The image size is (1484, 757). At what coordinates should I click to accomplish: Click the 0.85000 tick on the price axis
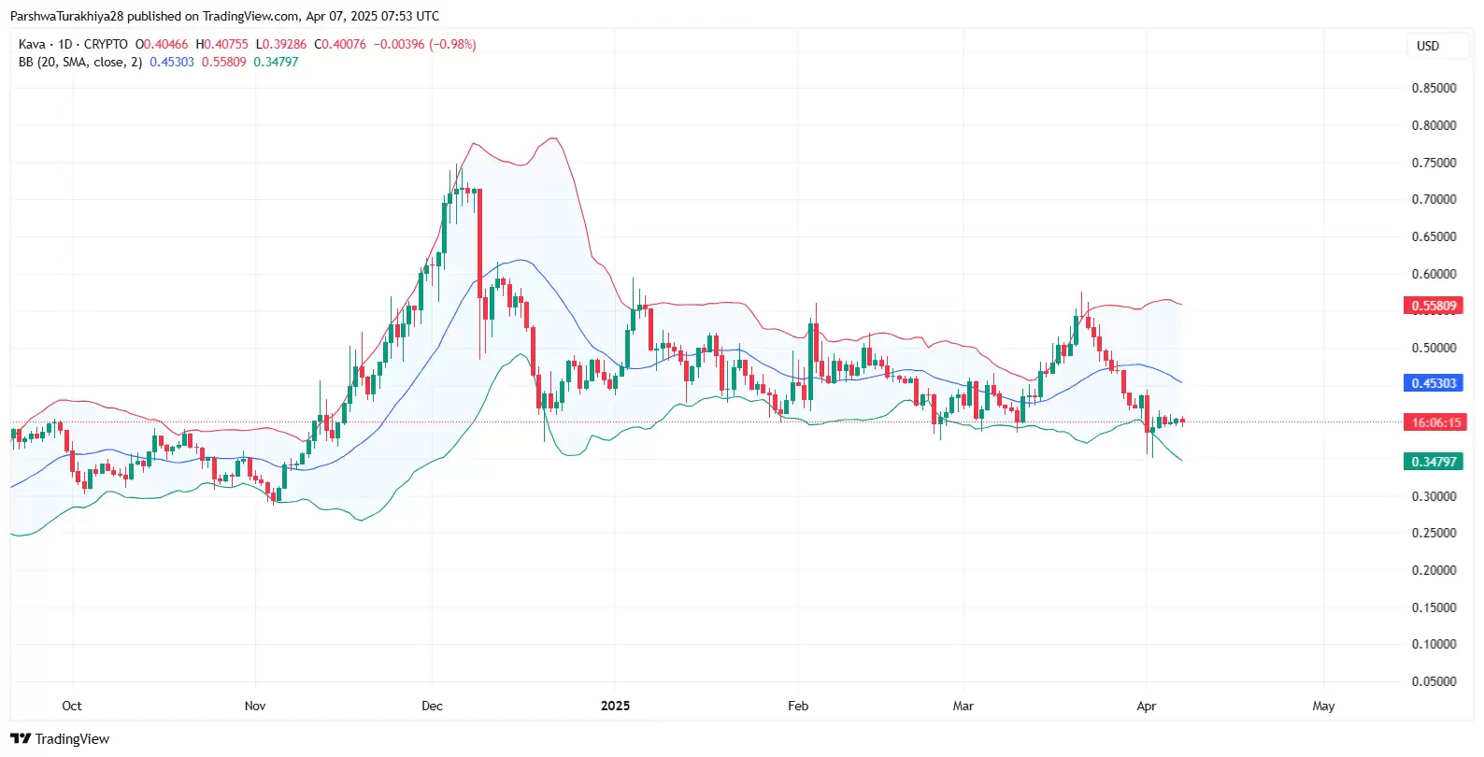[x=1434, y=88]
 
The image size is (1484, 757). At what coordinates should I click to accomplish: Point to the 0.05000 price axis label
[x=1434, y=681]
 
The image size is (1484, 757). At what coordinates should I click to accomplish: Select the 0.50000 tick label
[x=1434, y=348]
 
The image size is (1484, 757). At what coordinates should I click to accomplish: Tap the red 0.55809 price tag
[x=1434, y=306]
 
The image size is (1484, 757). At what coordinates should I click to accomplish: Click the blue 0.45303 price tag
[x=1434, y=383]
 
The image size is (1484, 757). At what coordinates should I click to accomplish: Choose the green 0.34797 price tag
[x=1434, y=462]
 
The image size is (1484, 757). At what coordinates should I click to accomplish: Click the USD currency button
[x=1428, y=46]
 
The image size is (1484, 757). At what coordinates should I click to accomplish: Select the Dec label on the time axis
[x=432, y=706]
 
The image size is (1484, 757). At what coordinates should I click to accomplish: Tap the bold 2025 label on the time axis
[x=615, y=706]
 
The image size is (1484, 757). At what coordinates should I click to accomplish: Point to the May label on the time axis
[x=1323, y=706]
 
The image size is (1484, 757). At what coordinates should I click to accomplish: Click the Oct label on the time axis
[x=72, y=706]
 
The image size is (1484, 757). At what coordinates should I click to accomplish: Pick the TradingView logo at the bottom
[x=60, y=739]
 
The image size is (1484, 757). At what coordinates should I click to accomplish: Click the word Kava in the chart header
[x=32, y=44]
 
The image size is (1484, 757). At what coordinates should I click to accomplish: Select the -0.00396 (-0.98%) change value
[x=425, y=44]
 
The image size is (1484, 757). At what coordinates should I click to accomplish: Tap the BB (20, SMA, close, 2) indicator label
[x=80, y=62]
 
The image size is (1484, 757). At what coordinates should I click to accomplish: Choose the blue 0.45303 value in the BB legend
[x=172, y=62]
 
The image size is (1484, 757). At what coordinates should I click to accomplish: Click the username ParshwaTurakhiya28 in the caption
[x=66, y=16]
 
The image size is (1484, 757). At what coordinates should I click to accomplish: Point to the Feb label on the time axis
[x=798, y=706]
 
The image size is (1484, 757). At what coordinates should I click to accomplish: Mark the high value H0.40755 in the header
[x=221, y=44]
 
